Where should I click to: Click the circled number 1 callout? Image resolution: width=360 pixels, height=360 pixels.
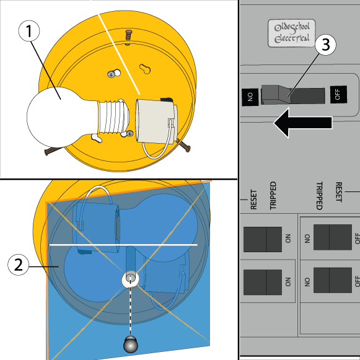click(x=29, y=31)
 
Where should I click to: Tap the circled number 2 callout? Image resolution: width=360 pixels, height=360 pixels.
click(x=19, y=265)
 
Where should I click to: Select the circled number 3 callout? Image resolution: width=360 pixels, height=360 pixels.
click(x=325, y=45)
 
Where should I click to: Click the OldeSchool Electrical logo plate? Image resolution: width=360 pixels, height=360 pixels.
click(x=292, y=33)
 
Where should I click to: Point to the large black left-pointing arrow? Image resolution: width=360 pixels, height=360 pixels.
click(x=302, y=123)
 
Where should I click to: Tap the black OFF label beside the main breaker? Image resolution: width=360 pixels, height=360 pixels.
click(x=338, y=94)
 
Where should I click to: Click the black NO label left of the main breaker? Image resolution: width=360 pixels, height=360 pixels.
click(x=250, y=97)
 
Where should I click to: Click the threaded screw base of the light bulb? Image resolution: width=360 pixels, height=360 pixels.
click(x=113, y=117)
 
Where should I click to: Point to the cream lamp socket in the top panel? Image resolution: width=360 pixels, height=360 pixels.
click(x=156, y=121)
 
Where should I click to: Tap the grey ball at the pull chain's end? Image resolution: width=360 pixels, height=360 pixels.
click(x=130, y=345)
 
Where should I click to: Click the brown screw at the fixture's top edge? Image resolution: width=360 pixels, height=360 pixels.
click(x=128, y=37)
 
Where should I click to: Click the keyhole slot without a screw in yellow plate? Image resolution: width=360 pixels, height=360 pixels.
click(x=145, y=69)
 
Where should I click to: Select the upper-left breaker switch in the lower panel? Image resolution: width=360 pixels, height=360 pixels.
click(x=263, y=239)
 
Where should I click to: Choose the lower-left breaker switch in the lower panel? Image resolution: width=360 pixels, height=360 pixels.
click(x=263, y=282)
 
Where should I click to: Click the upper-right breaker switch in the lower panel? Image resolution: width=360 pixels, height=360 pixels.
click(x=333, y=237)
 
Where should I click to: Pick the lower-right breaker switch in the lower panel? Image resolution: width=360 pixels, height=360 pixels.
click(x=333, y=280)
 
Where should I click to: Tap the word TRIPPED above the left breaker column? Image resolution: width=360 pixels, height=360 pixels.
click(x=273, y=196)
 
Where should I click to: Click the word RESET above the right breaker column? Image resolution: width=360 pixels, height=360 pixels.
click(x=339, y=192)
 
